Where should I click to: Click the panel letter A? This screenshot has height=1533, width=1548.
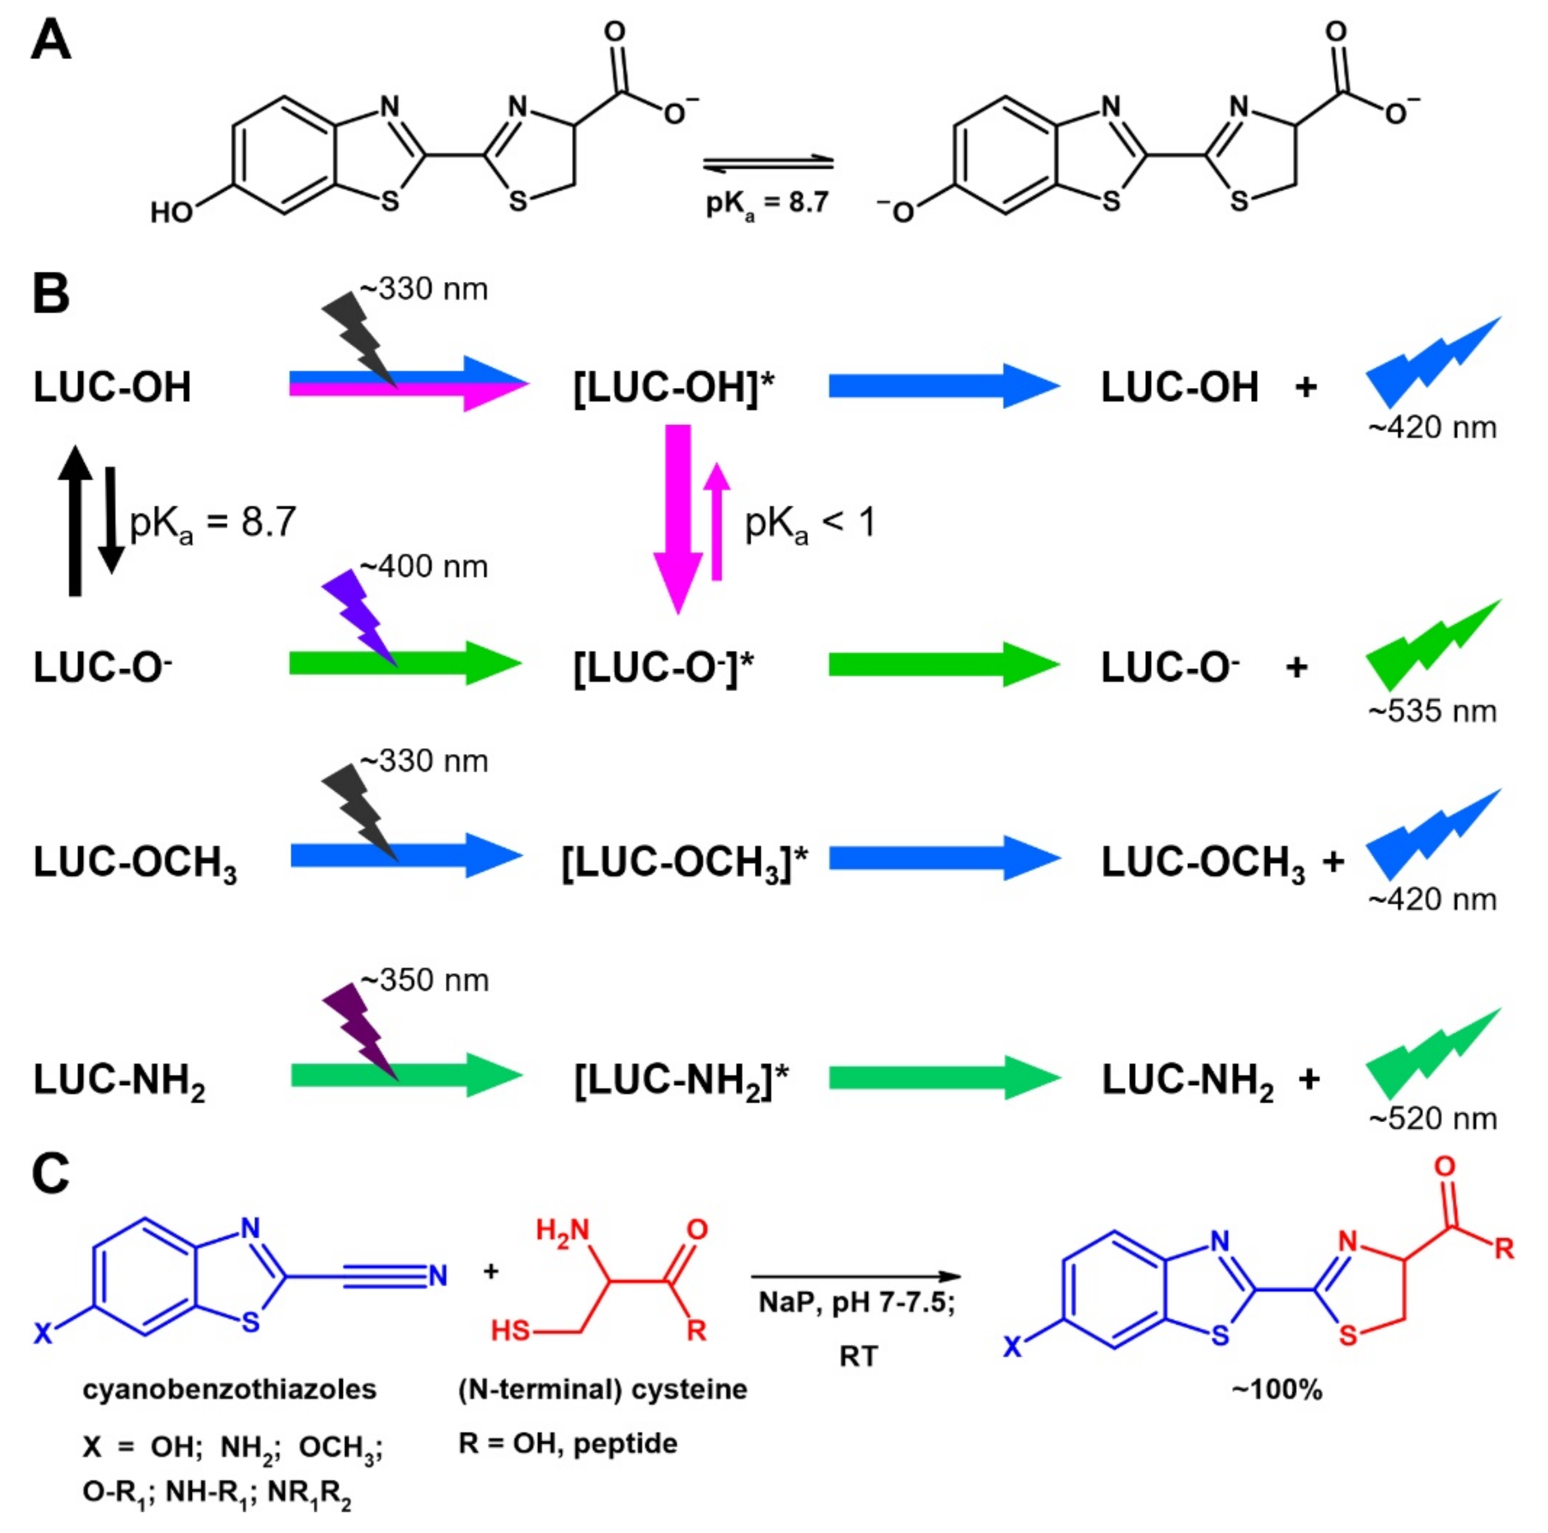click(x=51, y=42)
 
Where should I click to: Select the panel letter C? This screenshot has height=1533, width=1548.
click(x=51, y=1174)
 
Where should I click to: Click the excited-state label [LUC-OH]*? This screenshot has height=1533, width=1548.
click(x=674, y=388)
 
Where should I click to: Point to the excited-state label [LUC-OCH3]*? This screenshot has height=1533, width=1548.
click(x=684, y=862)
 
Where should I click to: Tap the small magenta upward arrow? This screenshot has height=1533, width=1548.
click(x=717, y=521)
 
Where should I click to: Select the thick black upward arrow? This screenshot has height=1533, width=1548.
click(x=75, y=521)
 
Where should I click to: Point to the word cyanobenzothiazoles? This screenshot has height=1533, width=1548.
click(x=229, y=1389)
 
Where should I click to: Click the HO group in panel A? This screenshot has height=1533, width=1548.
click(x=172, y=212)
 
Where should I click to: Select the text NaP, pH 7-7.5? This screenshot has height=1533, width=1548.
click(x=857, y=1303)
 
